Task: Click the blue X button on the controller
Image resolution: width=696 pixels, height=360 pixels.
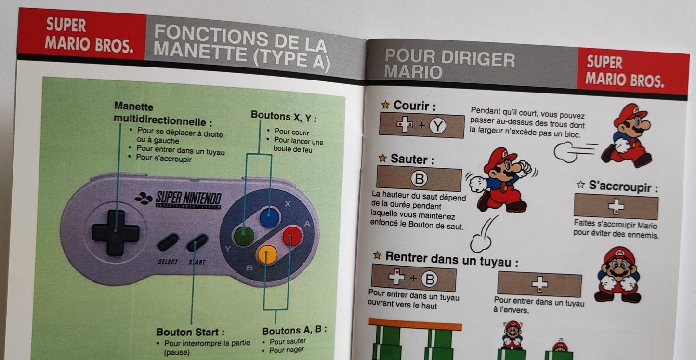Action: point(270,217)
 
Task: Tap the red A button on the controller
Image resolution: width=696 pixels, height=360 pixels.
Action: point(292,236)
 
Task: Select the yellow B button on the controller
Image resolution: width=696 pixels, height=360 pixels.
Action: point(267,254)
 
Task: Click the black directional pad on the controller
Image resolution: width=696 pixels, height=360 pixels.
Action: point(116,232)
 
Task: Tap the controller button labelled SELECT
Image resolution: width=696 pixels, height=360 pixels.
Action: point(168,242)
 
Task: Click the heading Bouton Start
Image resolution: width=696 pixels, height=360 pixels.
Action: point(190,332)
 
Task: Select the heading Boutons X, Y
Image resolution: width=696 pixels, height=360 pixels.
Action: point(284,116)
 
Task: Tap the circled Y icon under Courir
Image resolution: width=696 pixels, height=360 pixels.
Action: point(437,126)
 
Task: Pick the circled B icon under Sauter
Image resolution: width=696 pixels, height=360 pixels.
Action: point(419,179)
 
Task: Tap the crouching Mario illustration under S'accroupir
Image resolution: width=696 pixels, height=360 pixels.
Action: point(618,274)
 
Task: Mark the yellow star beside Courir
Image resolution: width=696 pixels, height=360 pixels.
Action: point(385,105)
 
